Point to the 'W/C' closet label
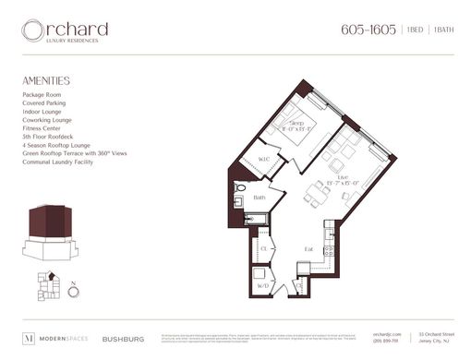click(262, 159)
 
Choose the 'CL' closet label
click(263, 248)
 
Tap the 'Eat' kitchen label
click(308, 249)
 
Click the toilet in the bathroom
click(239, 188)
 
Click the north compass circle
click(74, 293)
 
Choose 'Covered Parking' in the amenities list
click(43, 102)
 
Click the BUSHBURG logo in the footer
click(122, 338)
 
